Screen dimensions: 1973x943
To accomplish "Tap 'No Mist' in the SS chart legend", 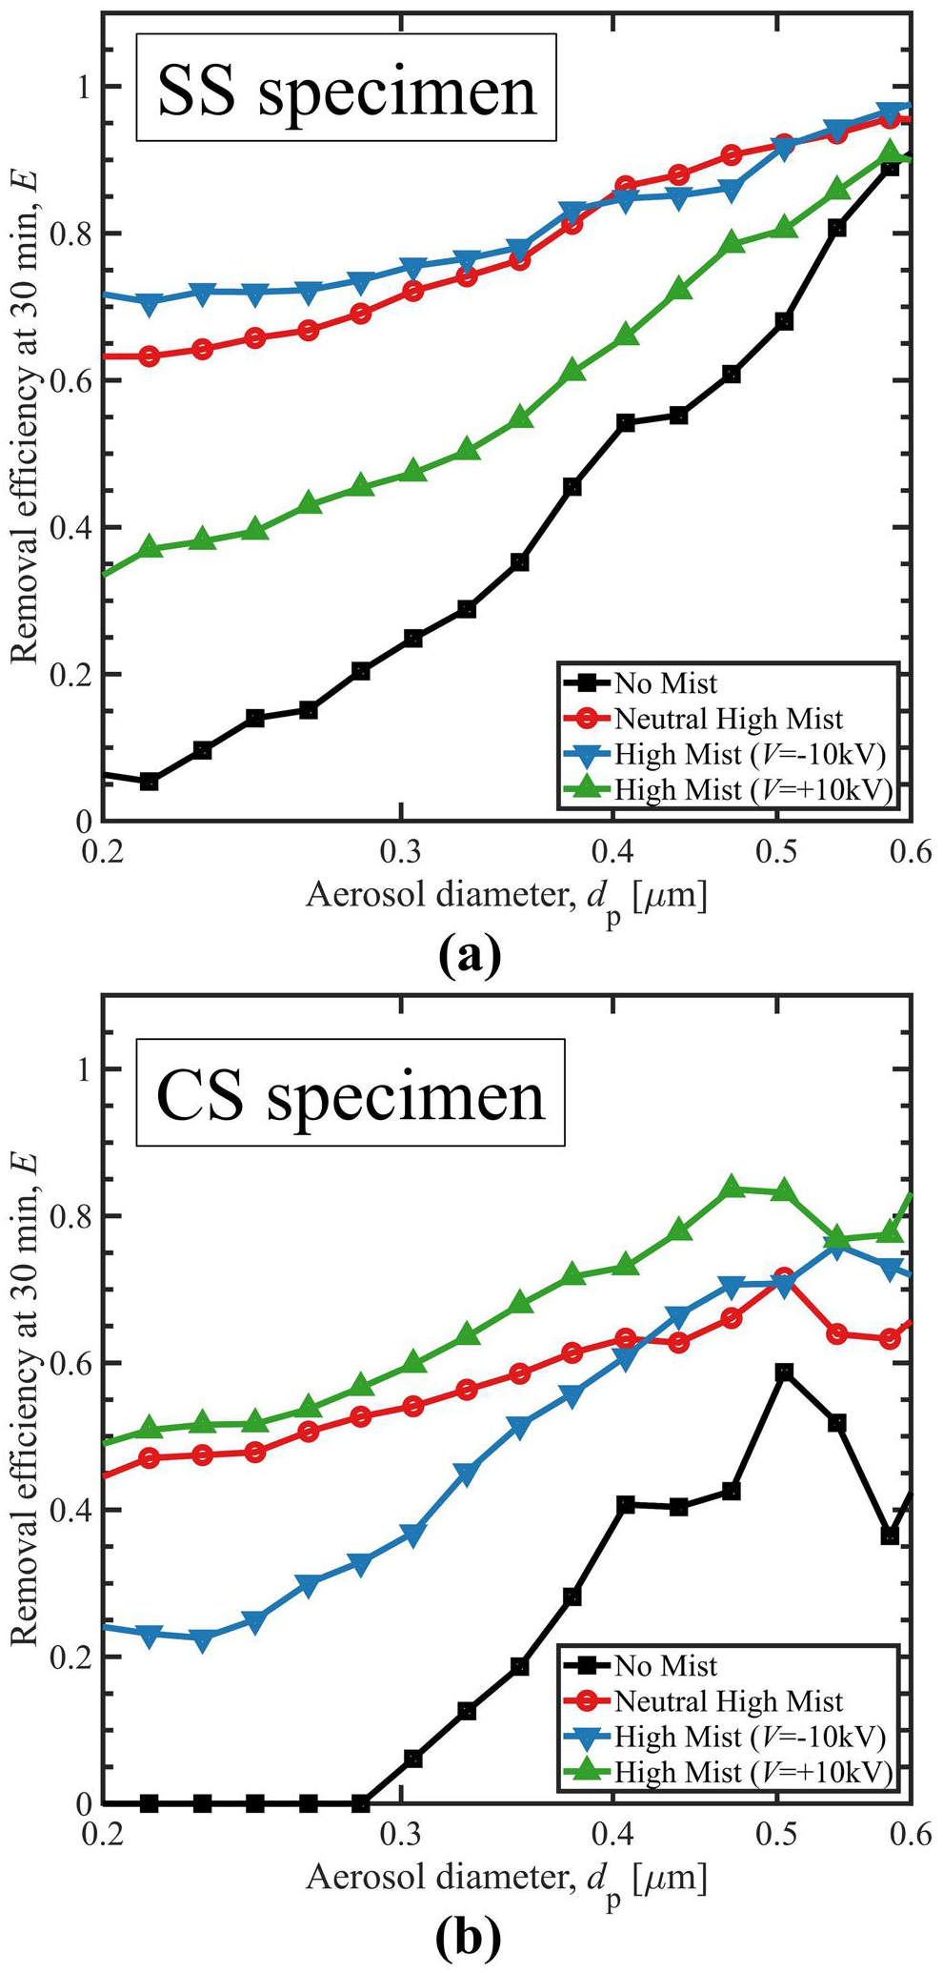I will pyautogui.click(x=665, y=683).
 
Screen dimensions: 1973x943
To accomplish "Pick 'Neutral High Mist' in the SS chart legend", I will pyautogui.click(x=728, y=719).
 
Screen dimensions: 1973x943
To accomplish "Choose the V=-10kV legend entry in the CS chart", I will pyautogui.click(x=750, y=1737).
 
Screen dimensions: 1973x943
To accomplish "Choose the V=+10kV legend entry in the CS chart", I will pyautogui.click(x=752, y=1772).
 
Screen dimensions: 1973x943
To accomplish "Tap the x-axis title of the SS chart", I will pyautogui.click(x=506, y=899).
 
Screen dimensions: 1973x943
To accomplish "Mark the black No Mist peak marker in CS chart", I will pyautogui.click(x=784, y=1373).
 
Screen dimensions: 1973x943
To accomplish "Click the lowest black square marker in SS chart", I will pyautogui.click(x=149, y=782).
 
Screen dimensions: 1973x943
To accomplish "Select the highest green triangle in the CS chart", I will pyautogui.click(x=732, y=1188).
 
